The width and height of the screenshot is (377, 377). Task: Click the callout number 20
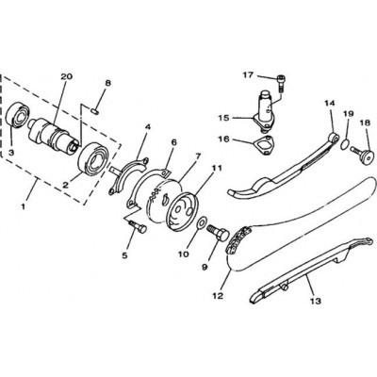coord(67,76)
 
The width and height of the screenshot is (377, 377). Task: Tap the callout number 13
coord(317,301)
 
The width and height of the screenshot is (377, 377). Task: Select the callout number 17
coord(248,75)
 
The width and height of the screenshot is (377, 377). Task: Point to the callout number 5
coord(125,255)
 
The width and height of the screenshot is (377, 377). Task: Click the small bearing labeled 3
coord(19,118)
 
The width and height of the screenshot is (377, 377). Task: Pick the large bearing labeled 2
coord(93,158)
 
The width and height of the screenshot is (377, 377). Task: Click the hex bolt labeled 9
coord(218,232)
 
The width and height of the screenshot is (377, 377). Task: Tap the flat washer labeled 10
coord(202,222)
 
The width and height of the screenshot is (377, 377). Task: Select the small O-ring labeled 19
coord(345,144)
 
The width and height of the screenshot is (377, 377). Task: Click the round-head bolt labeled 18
coord(362,154)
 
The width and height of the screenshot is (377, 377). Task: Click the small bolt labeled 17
coord(281,82)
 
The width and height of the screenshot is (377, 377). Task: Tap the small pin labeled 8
coord(94,110)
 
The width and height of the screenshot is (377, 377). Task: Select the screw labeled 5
coord(138,227)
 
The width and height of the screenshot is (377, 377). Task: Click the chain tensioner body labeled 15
coord(265,111)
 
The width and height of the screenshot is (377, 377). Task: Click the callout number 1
coord(23,206)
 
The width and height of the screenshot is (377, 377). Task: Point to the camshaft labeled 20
coord(53,136)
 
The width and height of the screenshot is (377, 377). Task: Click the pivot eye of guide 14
coord(334,138)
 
